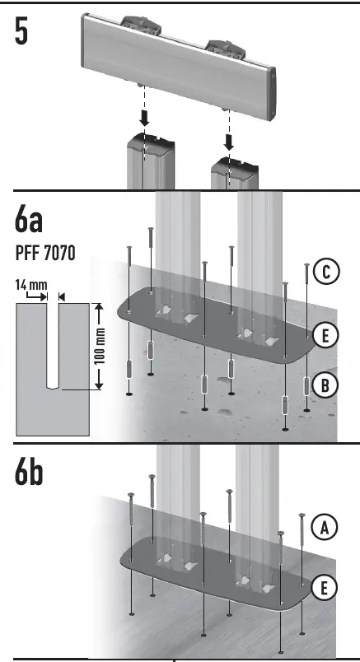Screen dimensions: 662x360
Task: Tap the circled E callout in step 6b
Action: point(327,587)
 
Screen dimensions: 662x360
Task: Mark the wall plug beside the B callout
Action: point(307,385)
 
